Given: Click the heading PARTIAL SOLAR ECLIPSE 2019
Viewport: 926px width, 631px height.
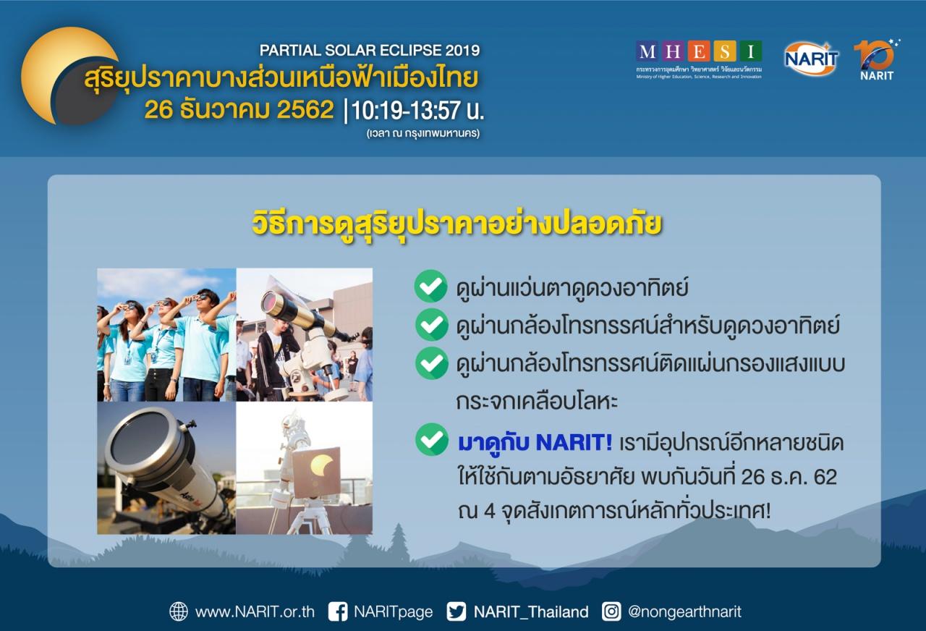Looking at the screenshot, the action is pyautogui.click(x=370, y=51).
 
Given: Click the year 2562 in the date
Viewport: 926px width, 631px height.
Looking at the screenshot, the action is pyautogui.click(x=305, y=109).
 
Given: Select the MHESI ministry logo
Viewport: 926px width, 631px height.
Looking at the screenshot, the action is pyautogui.click(x=699, y=59).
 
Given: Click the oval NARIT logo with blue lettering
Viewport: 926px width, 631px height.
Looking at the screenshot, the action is pyautogui.click(x=811, y=59).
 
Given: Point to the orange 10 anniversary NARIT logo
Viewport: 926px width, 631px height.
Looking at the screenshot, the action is pyautogui.click(x=876, y=60).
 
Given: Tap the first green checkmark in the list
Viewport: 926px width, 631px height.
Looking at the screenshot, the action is pyautogui.click(x=430, y=286).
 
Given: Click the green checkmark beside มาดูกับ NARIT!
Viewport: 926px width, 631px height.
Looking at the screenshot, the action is pyautogui.click(x=432, y=439).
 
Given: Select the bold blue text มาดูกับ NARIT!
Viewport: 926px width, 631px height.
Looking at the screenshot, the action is pyautogui.click(x=535, y=443).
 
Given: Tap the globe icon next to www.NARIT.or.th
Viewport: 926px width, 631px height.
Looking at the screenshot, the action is pyautogui.click(x=179, y=611).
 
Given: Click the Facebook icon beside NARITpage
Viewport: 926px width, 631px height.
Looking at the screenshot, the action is pyautogui.click(x=337, y=611).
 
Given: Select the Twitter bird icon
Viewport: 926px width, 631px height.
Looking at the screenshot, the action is pyautogui.click(x=456, y=611).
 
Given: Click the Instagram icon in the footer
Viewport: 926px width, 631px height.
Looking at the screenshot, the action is pyautogui.click(x=611, y=611).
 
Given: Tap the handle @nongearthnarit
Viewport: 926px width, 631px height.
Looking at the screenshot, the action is pyautogui.click(x=684, y=612).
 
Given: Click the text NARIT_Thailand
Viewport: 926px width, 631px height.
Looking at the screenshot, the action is pyautogui.click(x=531, y=612).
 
